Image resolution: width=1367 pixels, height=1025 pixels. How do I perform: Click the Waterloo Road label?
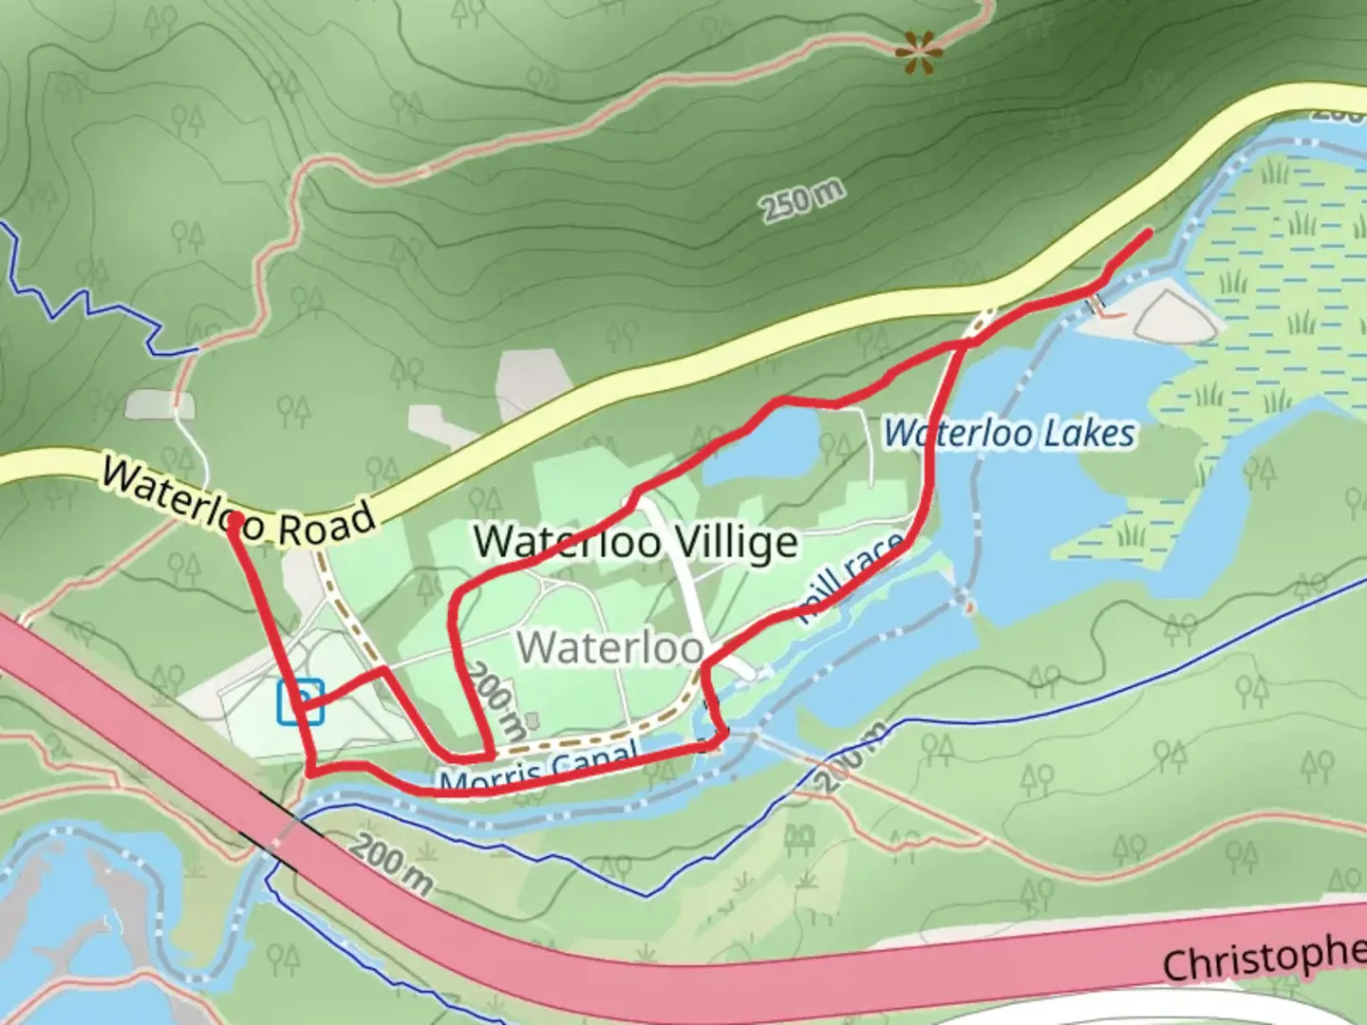(x=238, y=504)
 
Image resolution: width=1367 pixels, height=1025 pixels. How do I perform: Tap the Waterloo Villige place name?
(x=635, y=543)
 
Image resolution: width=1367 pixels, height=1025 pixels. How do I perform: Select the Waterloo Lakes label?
(x=1009, y=434)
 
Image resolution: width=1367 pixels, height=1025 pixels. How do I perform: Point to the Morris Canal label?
(x=537, y=769)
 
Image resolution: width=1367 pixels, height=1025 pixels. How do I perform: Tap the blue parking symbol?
(x=300, y=702)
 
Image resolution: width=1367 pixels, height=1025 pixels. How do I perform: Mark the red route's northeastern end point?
(x=1150, y=232)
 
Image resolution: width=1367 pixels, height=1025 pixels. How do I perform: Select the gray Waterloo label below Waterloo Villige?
(x=609, y=647)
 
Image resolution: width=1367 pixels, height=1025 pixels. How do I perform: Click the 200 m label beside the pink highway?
(x=392, y=865)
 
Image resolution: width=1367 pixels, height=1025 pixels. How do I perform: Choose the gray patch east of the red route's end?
(x=1175, y=317)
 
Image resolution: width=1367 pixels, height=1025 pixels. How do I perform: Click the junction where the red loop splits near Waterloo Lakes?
(x=963, y=346)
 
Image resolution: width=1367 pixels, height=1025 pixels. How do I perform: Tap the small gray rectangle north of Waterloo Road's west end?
(x=159, y=404)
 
